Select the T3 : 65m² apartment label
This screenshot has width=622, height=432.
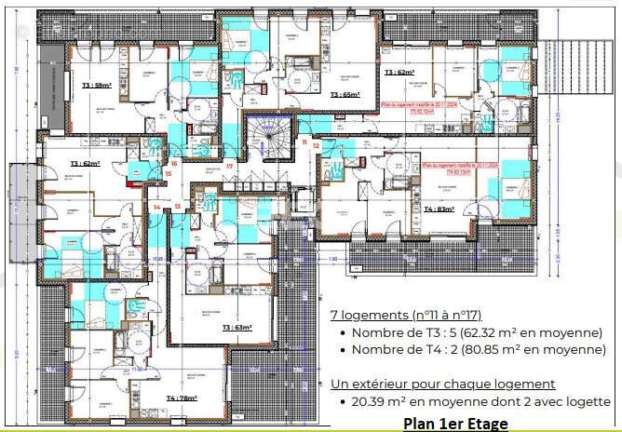(345, 95)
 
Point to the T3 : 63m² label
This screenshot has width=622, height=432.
(238, 328)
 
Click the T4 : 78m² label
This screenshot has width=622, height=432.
(183, 398)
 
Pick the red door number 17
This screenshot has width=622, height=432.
(229, 166)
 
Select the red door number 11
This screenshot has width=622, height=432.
(304, 142)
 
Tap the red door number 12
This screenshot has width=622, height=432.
(317, 145)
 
